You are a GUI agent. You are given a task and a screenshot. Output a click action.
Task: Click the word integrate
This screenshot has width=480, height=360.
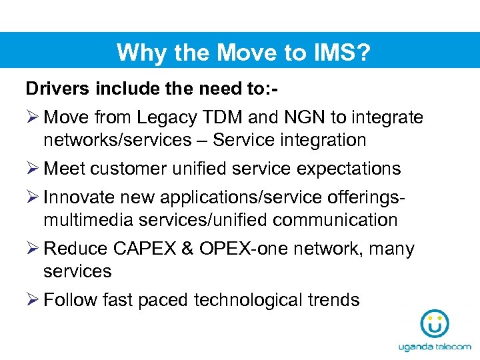pos(386,118)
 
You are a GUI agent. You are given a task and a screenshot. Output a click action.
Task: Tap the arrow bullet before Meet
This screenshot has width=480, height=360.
pos(33,169)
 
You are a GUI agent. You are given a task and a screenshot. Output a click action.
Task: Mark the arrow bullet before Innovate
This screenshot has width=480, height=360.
pos(33,198)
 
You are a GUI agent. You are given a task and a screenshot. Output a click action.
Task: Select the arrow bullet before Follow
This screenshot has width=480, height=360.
pos(33,300)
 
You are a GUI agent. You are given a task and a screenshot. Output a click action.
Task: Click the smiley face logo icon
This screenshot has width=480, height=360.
pos(435,324)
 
